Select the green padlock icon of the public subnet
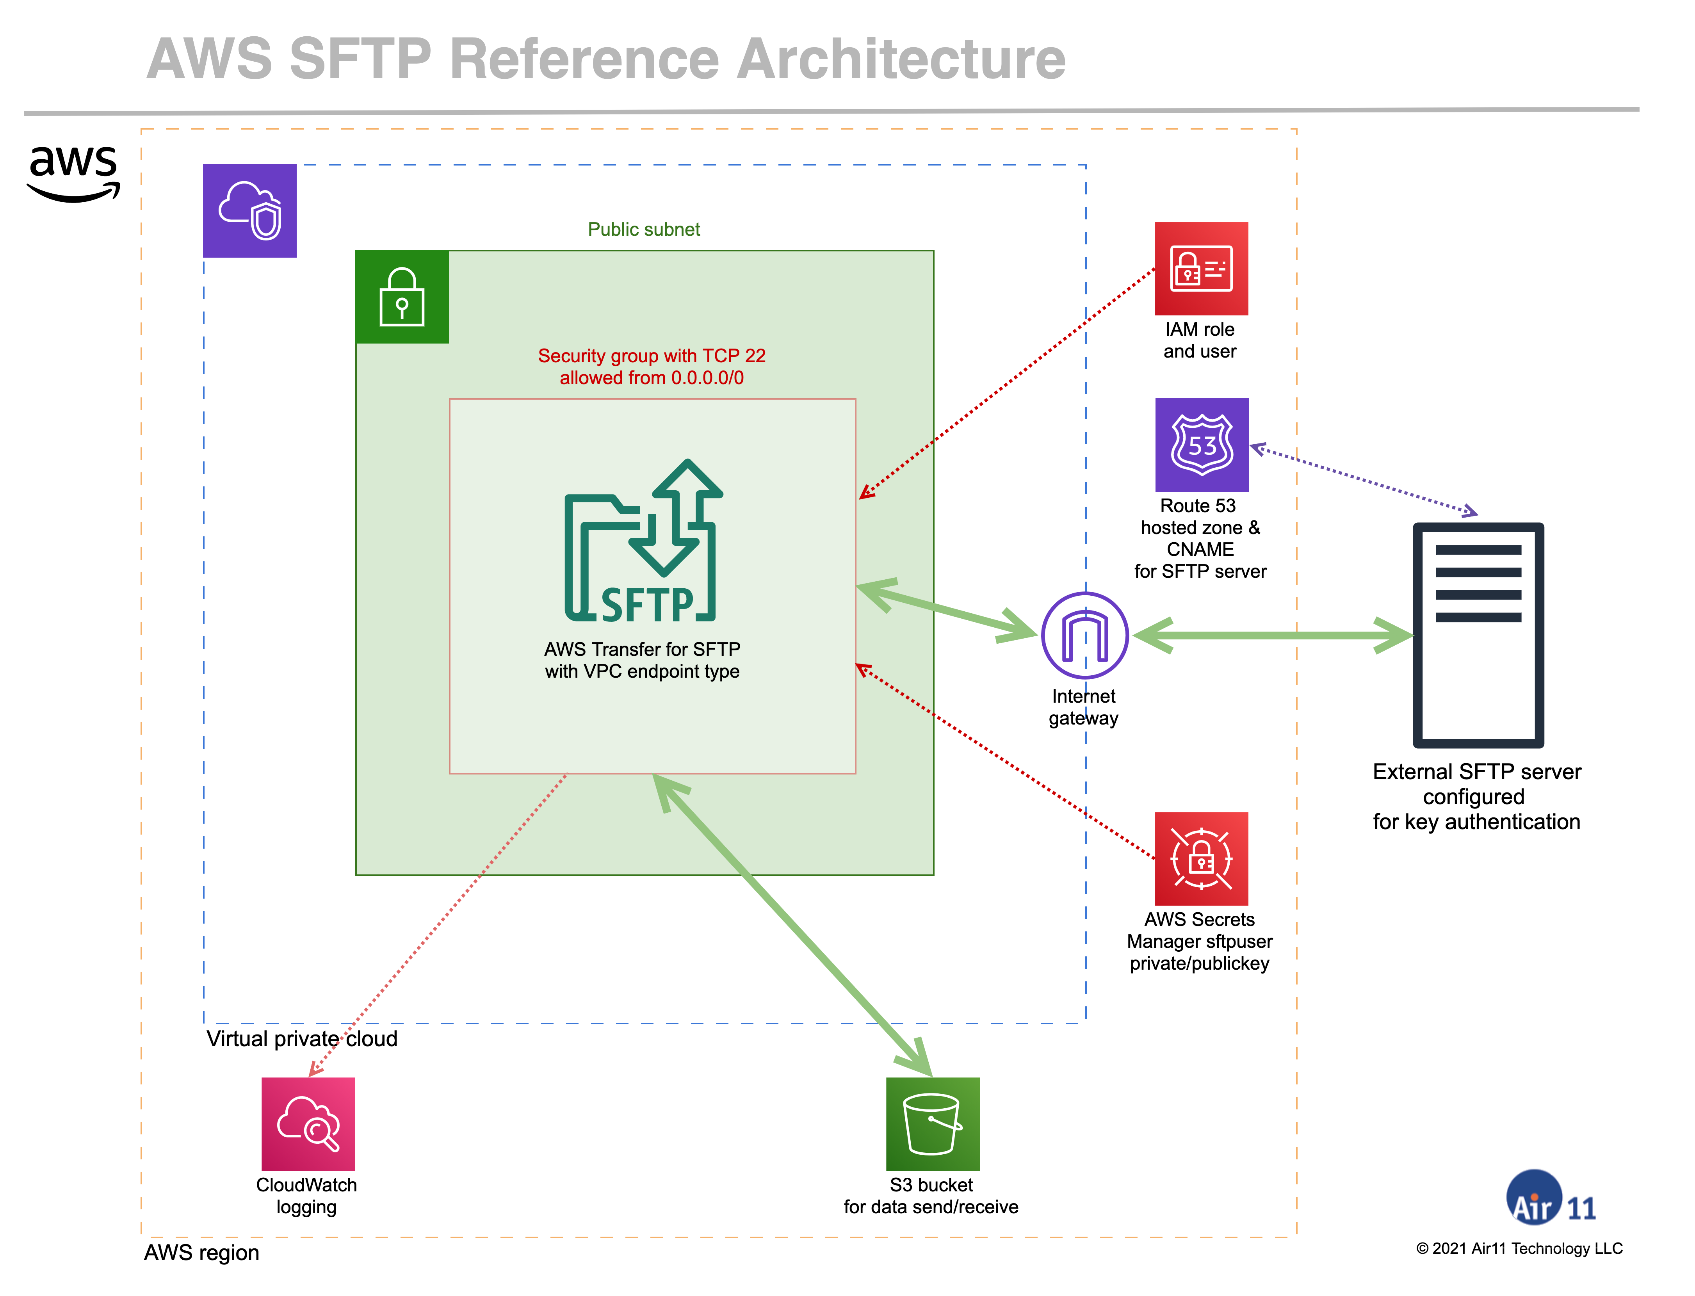click(x=402, y=297)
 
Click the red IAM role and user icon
click(x=1200, y=269)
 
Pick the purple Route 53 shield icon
click(x=1201, y=445)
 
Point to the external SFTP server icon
click(x=1478, y=635)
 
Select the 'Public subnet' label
click(x=643, y=229)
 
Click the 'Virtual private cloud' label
click(x=302, y=1038)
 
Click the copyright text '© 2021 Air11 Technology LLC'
click(x=1518, y=1248)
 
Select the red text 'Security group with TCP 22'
click(x=651, y=356)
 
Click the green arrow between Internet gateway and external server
click(x=1273, y=636)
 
